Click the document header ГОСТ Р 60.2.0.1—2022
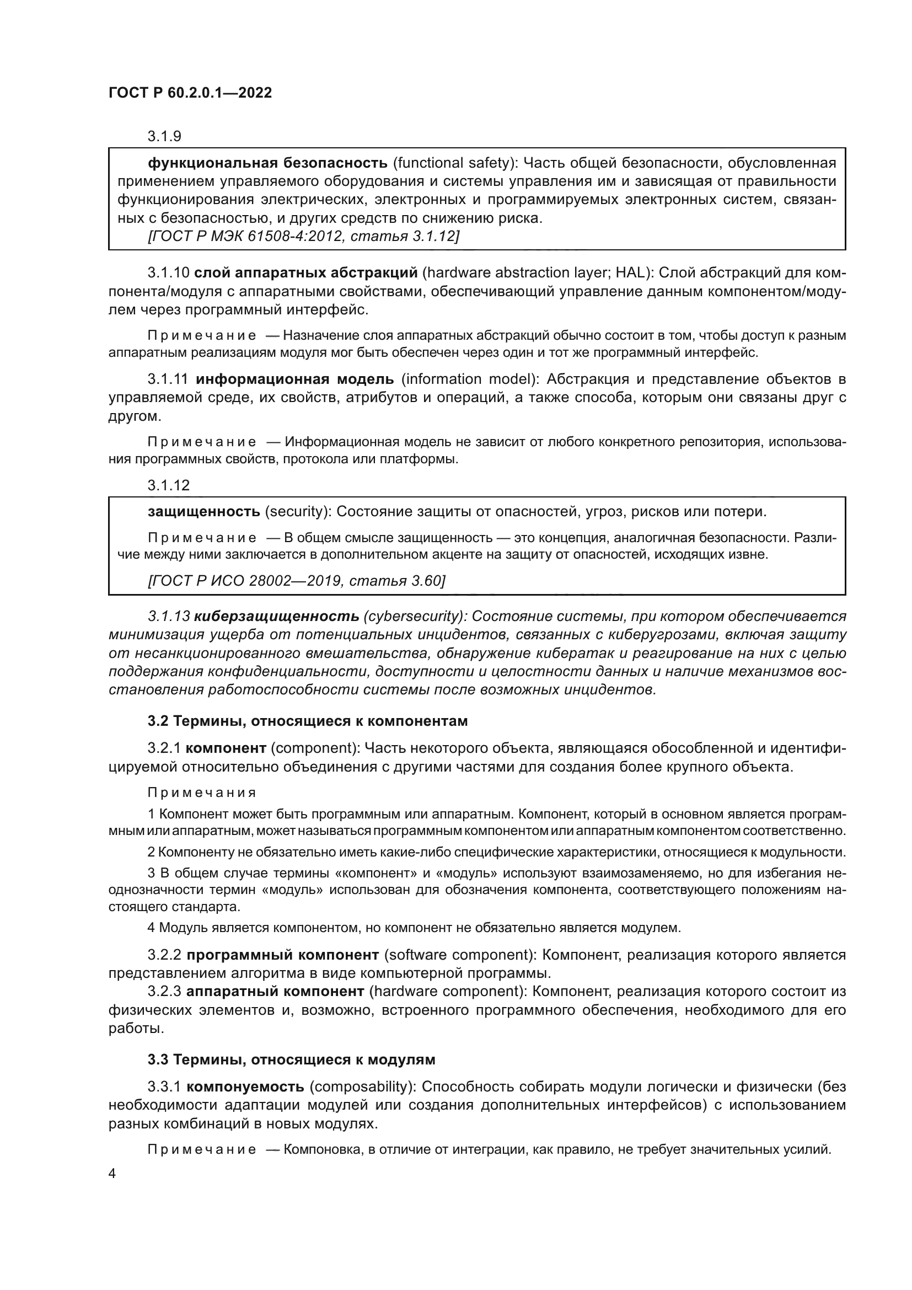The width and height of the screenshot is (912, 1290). [190, 93]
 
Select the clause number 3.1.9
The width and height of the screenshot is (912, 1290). [164, 136]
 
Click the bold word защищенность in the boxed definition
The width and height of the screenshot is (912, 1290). [204, 512]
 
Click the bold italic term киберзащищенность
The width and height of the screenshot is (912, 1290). [276, 617]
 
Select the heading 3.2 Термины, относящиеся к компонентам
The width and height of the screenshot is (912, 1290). [308, 721]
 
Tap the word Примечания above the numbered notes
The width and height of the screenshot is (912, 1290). [202, 793]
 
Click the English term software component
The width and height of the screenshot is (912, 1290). [459, 955]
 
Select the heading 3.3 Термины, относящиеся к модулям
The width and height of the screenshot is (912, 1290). [292, 1059]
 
